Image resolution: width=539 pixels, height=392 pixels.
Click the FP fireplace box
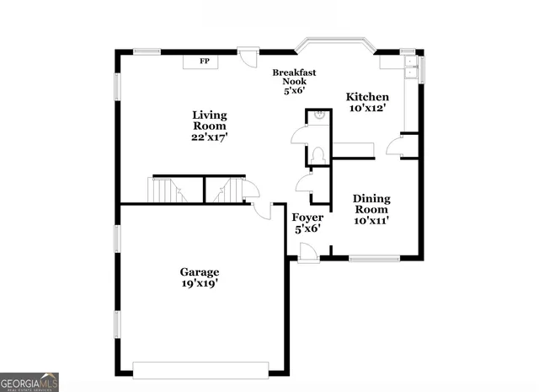pos(203,62)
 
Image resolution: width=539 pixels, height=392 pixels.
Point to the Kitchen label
pos(368,97)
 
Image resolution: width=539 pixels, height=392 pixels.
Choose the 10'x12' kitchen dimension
pos(368,109)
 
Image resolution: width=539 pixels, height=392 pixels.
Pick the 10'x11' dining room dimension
pos(371,221)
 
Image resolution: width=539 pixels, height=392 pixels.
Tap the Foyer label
pos(307,217)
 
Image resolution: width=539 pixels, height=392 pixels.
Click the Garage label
pos(200,271)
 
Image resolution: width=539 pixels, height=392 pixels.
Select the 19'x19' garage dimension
pos(200,284)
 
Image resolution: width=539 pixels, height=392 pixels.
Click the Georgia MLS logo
pos(29,381)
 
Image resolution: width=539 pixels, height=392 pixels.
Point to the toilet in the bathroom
pos(318,155)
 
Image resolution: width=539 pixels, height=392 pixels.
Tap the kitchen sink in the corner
pos(410,64)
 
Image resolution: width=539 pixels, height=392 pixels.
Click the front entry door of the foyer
pos(308,251)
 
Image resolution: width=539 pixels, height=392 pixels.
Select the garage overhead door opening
pos(200,370)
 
